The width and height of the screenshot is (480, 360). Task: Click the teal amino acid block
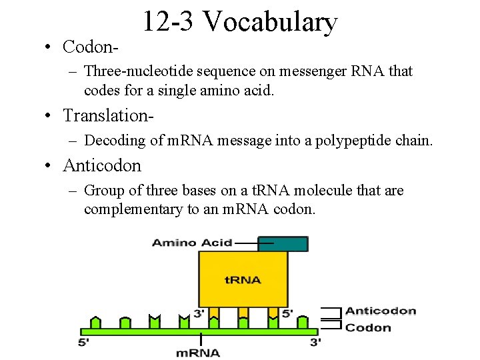pyautogui.click(x=283, y=244)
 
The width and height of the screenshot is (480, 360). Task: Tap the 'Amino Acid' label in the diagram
pyautogui.click(x=192, y=243)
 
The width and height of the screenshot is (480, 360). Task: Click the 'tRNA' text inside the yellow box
pyautogui.click(x=243, y=279)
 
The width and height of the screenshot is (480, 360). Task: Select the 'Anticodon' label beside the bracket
pyautogui.click(x=381, y=311)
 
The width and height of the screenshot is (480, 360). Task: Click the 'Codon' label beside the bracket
pyautogui.click(x=368, y=327)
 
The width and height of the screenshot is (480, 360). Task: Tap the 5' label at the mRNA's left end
pyautogui.click(x=83, y=343)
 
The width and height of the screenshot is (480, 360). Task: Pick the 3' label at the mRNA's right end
pyautogui.click(x=315, y=343)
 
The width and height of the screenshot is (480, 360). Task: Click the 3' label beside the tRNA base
pyautogui.click(x=199, y=313)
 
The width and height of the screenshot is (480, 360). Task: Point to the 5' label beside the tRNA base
pyautogui.click(x=287, y=313)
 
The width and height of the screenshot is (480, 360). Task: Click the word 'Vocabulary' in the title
pyautogui.click(x=270, y=22)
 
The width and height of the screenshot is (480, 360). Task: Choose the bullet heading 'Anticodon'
pyautogui.click(x=102, y=165)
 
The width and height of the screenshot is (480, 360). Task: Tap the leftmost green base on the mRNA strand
pyautogui.click(x=95, y=323)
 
